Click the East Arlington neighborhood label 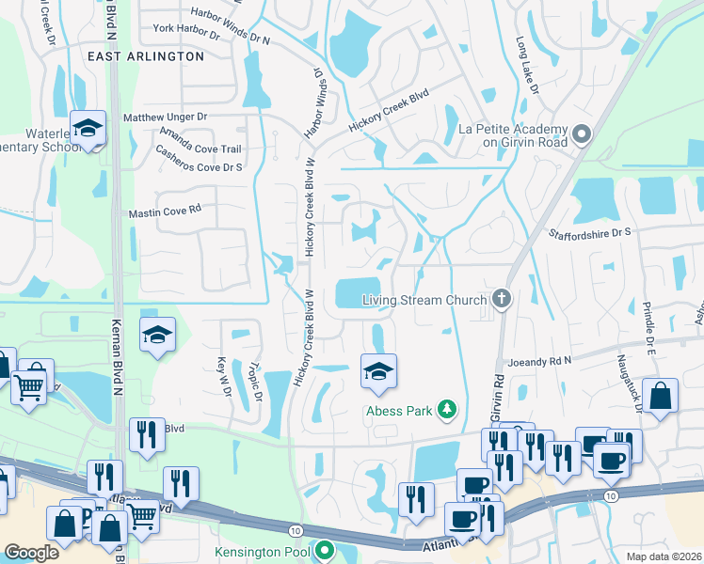tap(145, 56)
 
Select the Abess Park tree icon tap(448, 410)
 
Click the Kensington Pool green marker tap(325, 549)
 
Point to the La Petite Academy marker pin tap(582, 135)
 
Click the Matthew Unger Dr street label tap(165, 117)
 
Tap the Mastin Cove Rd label tap(166, 211)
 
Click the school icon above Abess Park tap(378, 371)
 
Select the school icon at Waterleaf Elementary tap(88, 129)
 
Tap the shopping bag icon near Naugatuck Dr tap(662, 397)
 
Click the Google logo tap(32, 553)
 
